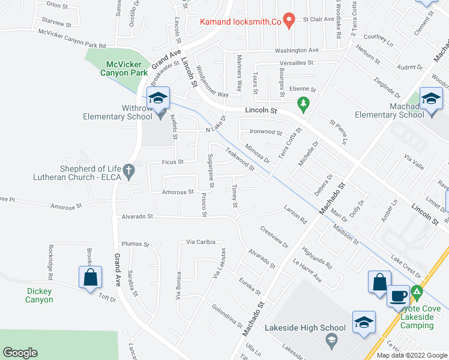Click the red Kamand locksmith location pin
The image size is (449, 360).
tap(289, 20)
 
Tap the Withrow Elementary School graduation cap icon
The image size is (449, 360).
tap(158, 98)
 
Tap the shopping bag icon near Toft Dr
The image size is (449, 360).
tap(90, 278)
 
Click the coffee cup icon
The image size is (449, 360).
tap(398, 295)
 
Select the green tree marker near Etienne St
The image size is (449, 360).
tap(304, 104)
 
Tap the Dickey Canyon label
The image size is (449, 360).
tap(39, 295)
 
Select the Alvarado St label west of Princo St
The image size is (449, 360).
tap(137, 216)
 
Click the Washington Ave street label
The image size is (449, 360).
tap(297, 50)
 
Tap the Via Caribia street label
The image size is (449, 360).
tap(200, 241)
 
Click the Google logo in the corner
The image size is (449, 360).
tap(20, 353)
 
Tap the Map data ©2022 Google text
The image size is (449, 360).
tap(411, 355)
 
